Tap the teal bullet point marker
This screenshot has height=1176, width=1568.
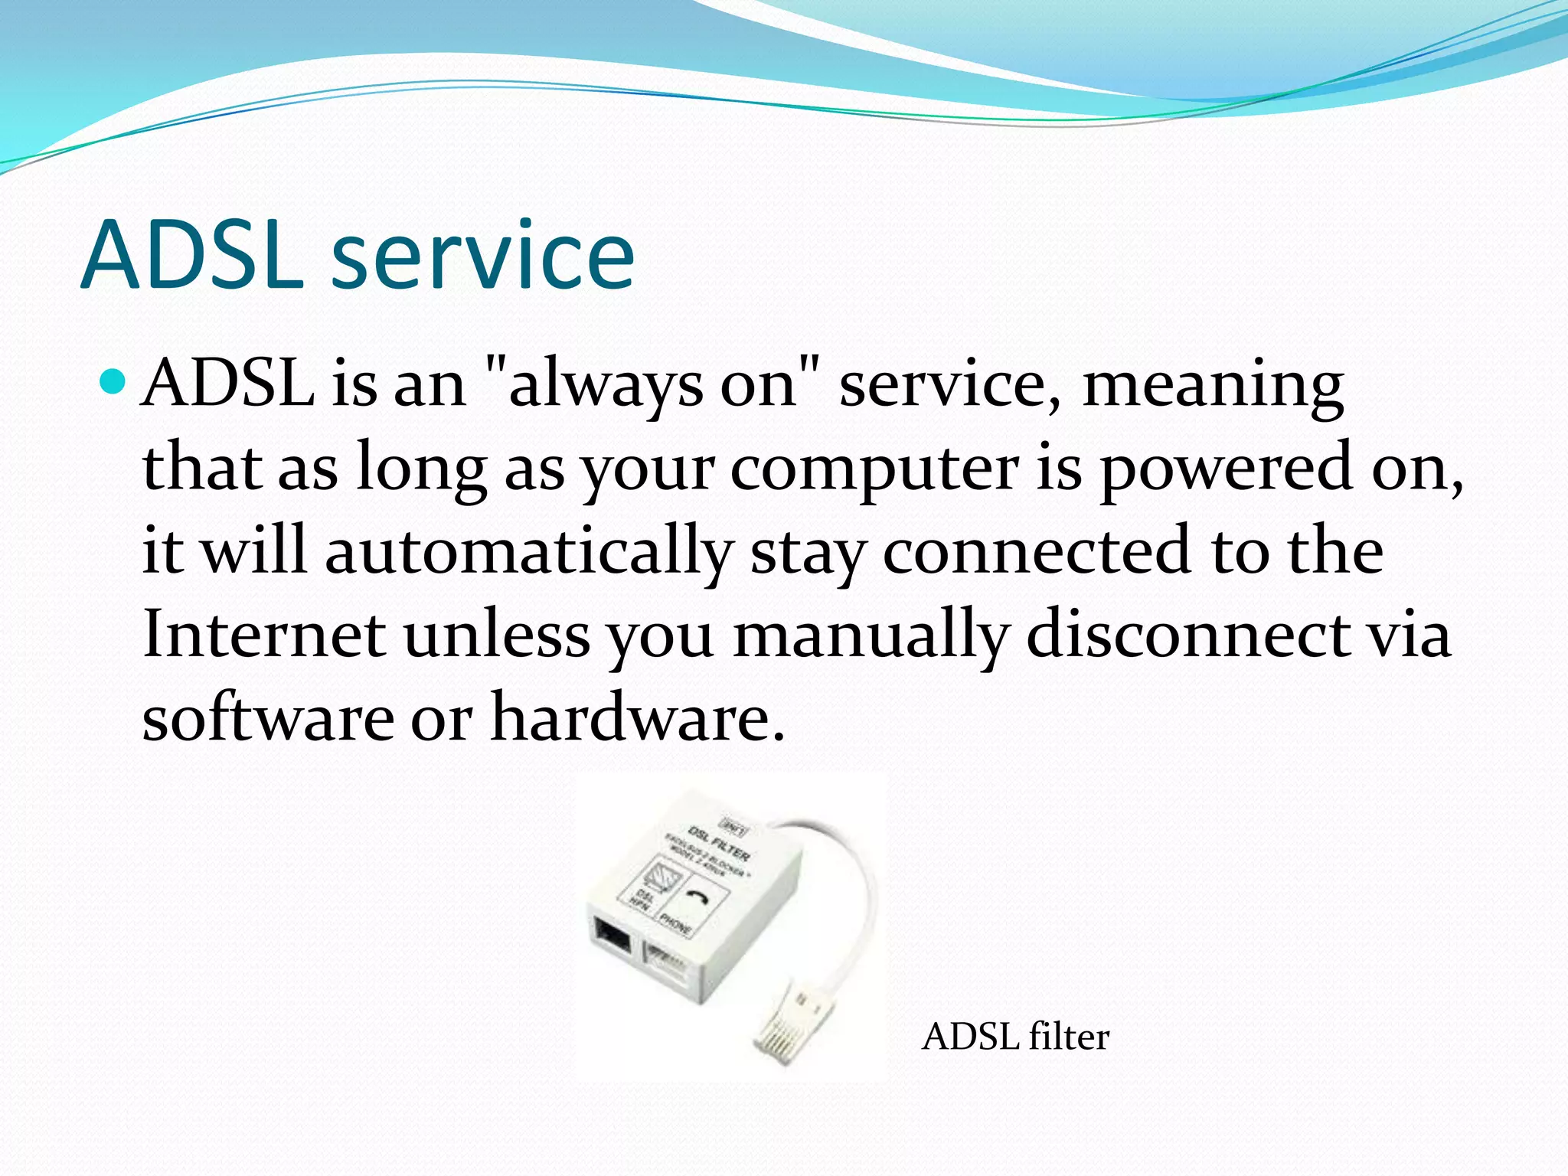click(113, 381)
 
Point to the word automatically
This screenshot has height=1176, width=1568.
click(528, 553)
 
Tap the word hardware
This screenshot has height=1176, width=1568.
click(637, 718)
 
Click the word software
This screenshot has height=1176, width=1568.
click(268, 718)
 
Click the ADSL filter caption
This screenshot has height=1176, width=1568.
click(1015, 1037)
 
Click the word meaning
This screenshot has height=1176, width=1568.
click(1213, 385)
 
